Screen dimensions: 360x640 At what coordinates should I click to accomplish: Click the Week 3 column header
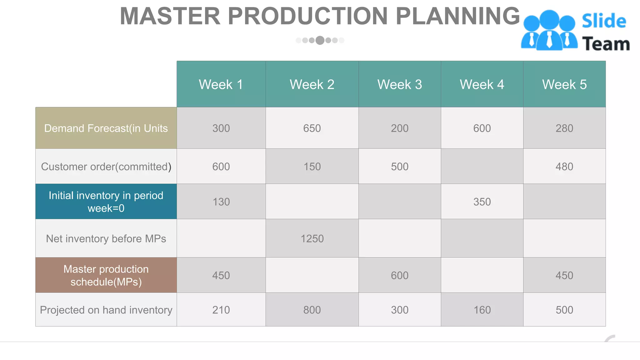pyautogui.click(x=399, y=84)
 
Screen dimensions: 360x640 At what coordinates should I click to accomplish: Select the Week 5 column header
pyautogui.click(x=564, y=84)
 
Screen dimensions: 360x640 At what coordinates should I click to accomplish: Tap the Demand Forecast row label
pyautogui.click(x=106, y=128)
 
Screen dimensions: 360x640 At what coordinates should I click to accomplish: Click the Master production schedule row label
pyautogui.click(x=106, y=275)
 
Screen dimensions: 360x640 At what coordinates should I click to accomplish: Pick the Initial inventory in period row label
pyautogui.click(x=106, y=202)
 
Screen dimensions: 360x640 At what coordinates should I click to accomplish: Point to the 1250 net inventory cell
pyautogui.click(x=312, y=239)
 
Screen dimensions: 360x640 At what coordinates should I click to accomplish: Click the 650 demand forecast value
pyautogui.click(x=312, y=128)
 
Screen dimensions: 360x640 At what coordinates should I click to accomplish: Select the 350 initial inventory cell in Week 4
pyautogui.click(x=482, y=202)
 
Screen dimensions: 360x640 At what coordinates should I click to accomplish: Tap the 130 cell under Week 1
pyautogui.click(x=221, y=202)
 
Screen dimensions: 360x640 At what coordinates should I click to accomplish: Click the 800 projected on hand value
pyautogui.click(x=312, y=310)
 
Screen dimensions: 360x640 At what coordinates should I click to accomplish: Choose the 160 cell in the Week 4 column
pyautogui.click(x=482, y=310)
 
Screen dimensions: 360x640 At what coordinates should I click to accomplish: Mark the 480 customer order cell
pyautogui.click(x=564, y=167)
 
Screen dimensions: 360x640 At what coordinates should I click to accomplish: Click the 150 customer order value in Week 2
pyautogui.click(x=312, y=167)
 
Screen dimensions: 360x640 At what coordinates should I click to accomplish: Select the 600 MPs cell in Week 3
pyautogui.click(x=399, y=275)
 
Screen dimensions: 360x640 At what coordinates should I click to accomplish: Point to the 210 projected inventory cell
pyautogui.click(x=221, y=310)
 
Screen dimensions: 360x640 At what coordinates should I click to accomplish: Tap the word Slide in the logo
pyautogui.click(x=604, y=21)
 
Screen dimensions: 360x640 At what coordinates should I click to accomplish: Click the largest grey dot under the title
pyautogui.click(x=320, y=40)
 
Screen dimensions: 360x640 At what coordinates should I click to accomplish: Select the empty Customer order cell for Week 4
pyautogui.click(x=482, y=167)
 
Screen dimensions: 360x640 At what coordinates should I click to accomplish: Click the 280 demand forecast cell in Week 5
pyautogui.click(x=564, y=128)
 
